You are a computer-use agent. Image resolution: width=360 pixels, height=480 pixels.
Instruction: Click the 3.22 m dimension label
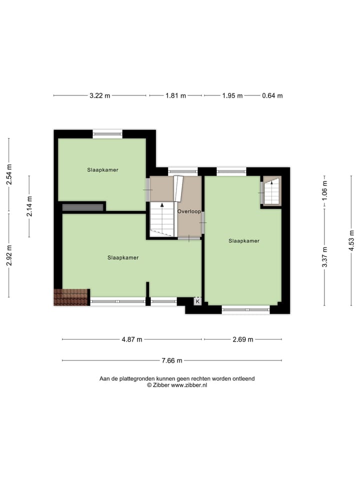click(x=100, y=96)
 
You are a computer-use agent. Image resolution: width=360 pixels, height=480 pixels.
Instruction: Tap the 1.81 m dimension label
click(x=175, y=96)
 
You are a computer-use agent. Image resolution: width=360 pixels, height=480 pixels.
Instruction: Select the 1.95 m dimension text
click(x=232, y=96)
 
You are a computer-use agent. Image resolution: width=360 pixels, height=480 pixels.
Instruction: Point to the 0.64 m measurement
click(x=272, y=96)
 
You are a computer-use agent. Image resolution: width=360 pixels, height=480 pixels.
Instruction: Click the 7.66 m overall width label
click(x=172, y=360)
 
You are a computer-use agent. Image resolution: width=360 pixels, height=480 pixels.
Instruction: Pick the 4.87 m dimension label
click(x=132, y=339)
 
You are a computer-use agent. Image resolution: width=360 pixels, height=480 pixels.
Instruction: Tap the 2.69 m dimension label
click(x=243, y=339)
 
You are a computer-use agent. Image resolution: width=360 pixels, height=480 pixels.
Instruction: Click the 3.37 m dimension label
click(x=324, y=257)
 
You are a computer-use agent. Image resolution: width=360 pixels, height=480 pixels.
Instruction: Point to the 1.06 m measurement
click(x=324, y=191)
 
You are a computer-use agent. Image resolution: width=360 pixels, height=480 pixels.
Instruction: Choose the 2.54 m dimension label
click(x=9, y=175)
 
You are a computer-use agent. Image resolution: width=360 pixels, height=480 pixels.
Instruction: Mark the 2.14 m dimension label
click(x=29, y=206)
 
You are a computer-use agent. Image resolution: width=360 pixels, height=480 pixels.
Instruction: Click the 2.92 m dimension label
click(x=9, y=255)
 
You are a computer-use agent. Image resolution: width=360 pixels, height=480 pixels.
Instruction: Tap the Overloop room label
click(x=189, y=211)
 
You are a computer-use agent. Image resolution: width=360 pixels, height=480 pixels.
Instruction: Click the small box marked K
click(x=197, y=301)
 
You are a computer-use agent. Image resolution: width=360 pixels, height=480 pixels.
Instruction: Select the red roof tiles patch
click(x=70, y=297)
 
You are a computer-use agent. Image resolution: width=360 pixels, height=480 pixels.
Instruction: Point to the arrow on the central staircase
click(x=161, y=205)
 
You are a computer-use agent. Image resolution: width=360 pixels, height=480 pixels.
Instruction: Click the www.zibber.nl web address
click(x=189, y=385)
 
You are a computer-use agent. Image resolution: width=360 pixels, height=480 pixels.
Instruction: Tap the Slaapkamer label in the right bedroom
click(x=244, y=240)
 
